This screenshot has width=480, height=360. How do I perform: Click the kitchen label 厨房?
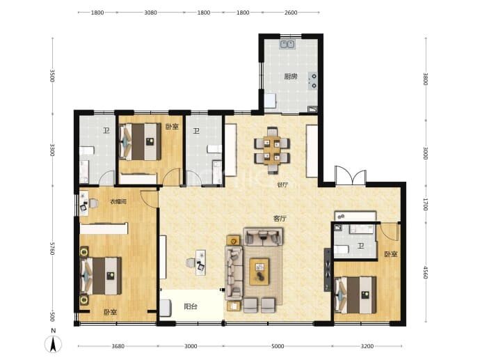pyautogui.click(x=291, y=77)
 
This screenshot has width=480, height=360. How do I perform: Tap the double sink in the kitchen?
pyautogui.click(x=287, y=45)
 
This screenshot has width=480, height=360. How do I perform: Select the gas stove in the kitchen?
pyautogui.click(x=313, y=81)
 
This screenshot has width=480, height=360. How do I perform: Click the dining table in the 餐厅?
pyautogui.click(x=272, y=150)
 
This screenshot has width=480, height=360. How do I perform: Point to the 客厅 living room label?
pyautogui.click(x=280, y=219)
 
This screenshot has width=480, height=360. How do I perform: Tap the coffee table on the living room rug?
pyautogui.click(x=259, y=272)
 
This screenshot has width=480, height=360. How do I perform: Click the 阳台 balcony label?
pyautogui.click(x=191, y=306)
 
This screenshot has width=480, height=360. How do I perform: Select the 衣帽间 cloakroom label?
pyautogui.click(x=118, y=202)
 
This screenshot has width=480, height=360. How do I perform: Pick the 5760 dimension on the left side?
pyautogui.click(x=52, y=249)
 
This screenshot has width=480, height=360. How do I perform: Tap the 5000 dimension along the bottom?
pyautogui.click(x=278, y=346)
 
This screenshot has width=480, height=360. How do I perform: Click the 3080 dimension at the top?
pyautogui.click(x=151, y=13)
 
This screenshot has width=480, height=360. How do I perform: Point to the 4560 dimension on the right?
pyautogui.click(x=426, y=272)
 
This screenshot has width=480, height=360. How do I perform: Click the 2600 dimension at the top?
pyautogui.click(x=291, y=13)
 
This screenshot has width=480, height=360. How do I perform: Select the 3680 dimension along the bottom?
pyautogui.click(x=118, y=346)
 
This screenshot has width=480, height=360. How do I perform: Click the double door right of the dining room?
pyautogui.click(x=351, y=176)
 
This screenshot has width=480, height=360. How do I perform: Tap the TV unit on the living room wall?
pyautogui.click(x=328, y=269)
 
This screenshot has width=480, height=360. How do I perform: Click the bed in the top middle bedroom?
pyautogui.click(x=141, y=141)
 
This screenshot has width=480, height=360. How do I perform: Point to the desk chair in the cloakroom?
pyautogui.click(x=93, y=203)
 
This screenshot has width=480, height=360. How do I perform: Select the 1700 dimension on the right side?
pyautogui.click(x=426, y=204)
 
